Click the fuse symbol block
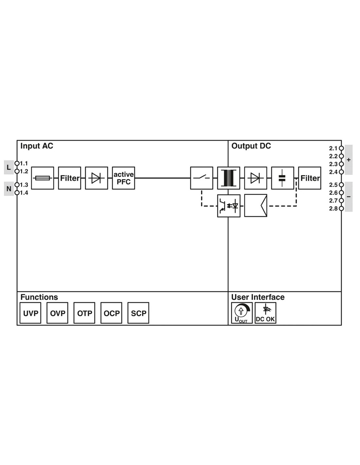(43, 178)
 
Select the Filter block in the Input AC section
(69, 178)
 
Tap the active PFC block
(123, 178)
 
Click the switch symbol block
(202, 178)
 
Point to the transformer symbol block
(228, 178)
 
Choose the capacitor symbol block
(282, 178)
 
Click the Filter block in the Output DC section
(310, 178)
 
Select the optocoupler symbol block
(228, 206)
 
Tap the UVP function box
(30, 313)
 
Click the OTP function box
(84, 313)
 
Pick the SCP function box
(138, 313)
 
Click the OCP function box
(111, 313)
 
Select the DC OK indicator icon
(265, 313)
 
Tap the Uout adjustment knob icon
(242, 313)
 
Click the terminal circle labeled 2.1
(341, 148)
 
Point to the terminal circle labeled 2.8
(341, 208)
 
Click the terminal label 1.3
(24, 185)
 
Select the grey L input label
(9, 167)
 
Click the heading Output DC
(251, 146)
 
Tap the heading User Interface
(258, 297)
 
